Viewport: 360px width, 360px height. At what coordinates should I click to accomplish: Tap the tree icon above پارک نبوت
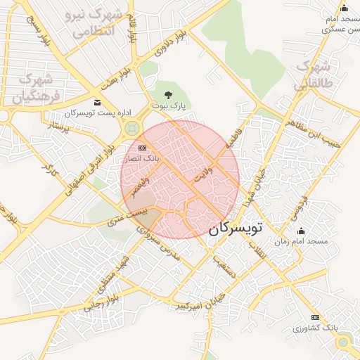[x=167, y=94]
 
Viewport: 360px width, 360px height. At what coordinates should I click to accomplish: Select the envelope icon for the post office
[x=97, y=103]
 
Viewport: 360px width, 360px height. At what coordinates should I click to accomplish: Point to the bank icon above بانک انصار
[x=143, y=148]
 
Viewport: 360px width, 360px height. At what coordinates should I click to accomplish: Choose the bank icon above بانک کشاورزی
[x=315, y=317]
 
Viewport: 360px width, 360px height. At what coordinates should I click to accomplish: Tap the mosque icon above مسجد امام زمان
[x=302, y=231]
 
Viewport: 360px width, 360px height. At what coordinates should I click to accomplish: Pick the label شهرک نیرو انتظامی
[x=96, y=22]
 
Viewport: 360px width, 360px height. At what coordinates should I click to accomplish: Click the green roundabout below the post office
[x=131, y=128]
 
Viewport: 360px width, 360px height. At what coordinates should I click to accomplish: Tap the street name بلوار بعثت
[x=117, y=82]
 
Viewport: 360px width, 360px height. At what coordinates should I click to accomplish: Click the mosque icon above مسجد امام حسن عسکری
[x=344, y=8]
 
